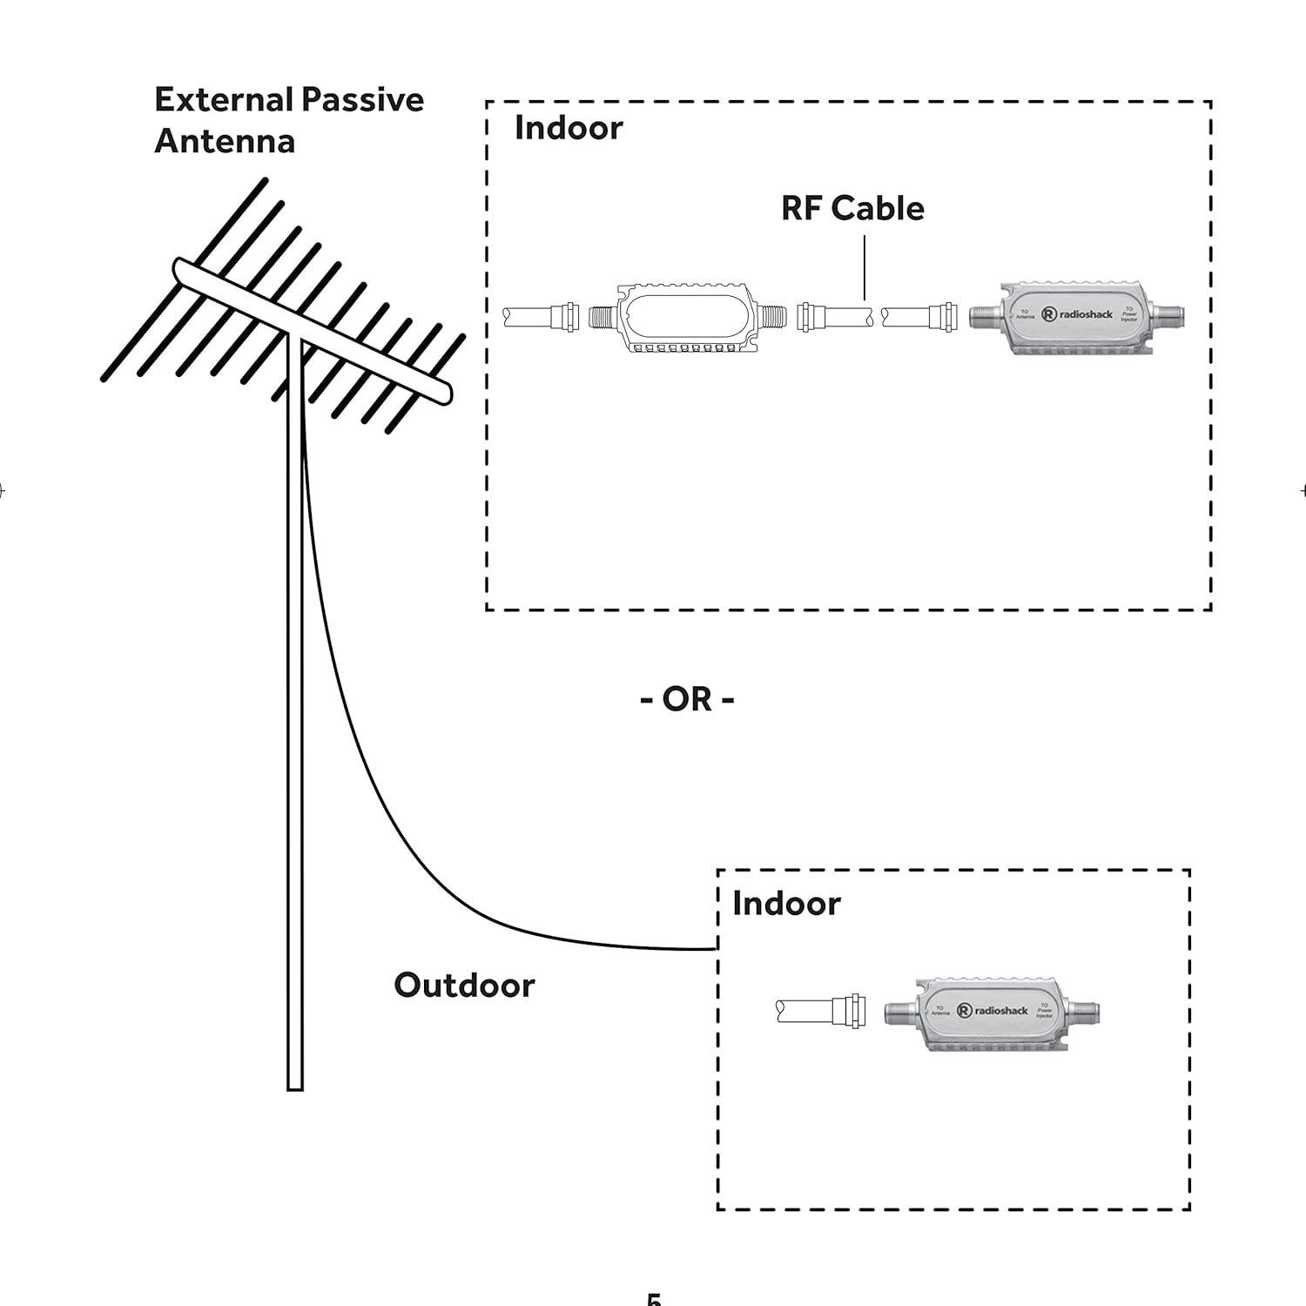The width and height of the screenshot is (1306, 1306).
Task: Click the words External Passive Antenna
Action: click(288, 120)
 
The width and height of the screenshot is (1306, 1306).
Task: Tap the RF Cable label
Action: click(852, 209)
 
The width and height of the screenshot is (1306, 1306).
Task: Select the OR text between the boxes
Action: click(688, 698)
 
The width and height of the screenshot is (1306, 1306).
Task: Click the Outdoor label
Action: click(464, 986)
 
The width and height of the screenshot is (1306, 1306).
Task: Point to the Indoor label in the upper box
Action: click(569, 128)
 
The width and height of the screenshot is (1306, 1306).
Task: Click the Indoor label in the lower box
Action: click(786, 904)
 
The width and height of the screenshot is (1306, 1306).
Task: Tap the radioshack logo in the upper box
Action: click(1077, 314)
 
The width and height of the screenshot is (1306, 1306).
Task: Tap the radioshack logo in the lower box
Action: click(993, 1011)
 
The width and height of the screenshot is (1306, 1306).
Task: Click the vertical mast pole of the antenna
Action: click(295, 740)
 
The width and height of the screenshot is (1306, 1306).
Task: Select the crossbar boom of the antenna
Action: click(313, 331)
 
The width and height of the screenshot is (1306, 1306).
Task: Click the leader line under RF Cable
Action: click(865, 267)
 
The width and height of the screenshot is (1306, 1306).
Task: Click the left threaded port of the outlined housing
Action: click(602, 316)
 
